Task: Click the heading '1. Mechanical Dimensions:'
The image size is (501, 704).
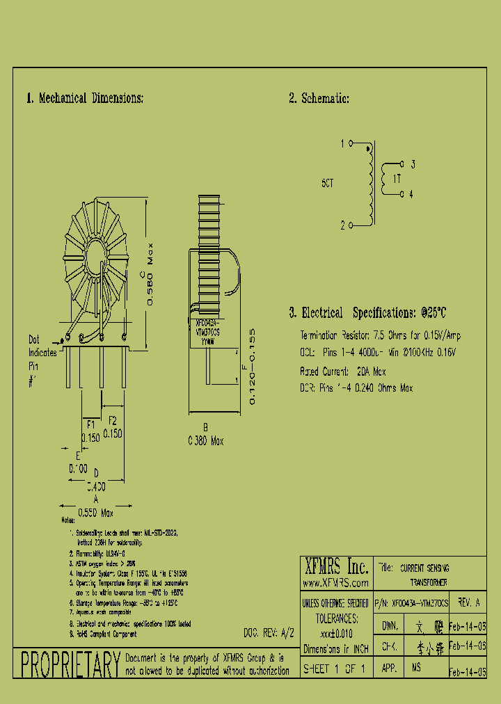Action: tap(85, 98)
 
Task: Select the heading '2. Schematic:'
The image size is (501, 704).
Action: tap(319, 98)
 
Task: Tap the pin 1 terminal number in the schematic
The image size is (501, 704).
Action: tap(342, 144)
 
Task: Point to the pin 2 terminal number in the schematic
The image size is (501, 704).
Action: tap(342, 225)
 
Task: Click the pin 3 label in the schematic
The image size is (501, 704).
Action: tap(413, 165)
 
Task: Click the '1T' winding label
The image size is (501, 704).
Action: tap(397, 179)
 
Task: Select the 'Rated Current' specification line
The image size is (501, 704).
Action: tap(342, 371)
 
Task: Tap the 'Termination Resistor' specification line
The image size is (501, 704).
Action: tap(380, 335)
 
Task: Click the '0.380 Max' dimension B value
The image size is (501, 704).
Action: tap(205, 441)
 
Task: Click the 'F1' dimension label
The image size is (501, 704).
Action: tap(90, 422)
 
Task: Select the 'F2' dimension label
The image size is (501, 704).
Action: tap(113, 420)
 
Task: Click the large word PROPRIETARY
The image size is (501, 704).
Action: tap(70, 665)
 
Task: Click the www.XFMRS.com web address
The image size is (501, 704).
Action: tap(335, 582)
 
